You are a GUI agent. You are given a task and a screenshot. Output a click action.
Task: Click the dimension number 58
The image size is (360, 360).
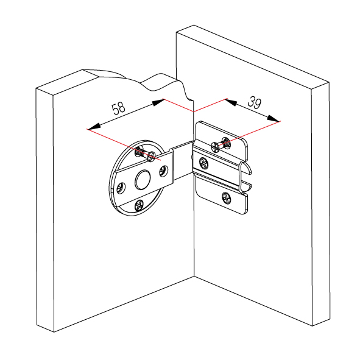tap(118, 108)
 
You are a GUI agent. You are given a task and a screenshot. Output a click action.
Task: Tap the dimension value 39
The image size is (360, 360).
tap(255, 102)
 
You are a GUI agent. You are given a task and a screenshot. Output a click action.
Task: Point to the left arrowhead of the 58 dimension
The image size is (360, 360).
tap(94, 127)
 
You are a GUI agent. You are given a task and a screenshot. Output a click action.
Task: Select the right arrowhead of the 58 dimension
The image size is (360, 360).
tap(158, 102)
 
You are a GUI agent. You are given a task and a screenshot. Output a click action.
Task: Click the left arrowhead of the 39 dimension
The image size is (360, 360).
tap(231, 102)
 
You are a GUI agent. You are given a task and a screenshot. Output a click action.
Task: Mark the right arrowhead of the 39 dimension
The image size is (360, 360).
tap(273, 118)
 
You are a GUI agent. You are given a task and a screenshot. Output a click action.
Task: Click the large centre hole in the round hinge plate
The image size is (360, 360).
tap(143, 180)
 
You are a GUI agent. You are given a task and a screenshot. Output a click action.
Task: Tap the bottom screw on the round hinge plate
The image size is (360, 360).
tap(139, 205)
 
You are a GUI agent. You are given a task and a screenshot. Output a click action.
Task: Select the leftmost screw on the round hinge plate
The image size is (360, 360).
tap(121, 188)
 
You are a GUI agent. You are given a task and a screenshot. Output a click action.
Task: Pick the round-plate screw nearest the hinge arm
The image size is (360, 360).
tap(163, 171)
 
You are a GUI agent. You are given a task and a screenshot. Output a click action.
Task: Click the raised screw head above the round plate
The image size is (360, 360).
tap(152, 157)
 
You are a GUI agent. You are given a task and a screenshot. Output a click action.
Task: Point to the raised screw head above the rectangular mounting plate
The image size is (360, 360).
tap(216, 147)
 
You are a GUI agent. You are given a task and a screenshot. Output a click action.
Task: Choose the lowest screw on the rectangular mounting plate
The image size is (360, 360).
tap(226, 198)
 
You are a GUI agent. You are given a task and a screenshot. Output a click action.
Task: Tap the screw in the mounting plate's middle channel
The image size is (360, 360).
tap(204, 163)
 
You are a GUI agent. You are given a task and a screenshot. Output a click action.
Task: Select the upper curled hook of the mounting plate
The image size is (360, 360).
tap(245, 168)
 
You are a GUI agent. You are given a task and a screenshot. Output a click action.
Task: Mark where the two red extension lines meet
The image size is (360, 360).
tap(194, 111)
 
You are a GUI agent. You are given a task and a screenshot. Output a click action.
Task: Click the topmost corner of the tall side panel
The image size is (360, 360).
tap(194, 25)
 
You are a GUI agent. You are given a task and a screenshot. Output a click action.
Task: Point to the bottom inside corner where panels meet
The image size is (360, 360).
tap(194, 276)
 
